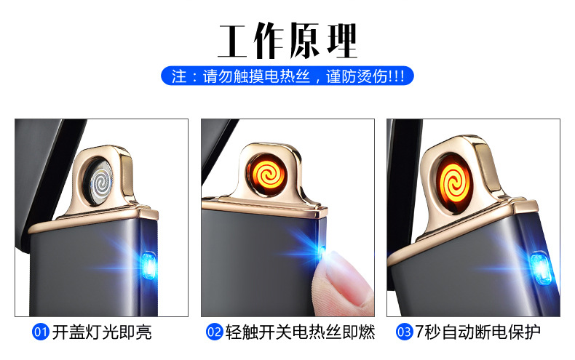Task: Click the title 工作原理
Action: pos(287,41)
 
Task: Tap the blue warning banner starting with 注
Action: pos(287,76)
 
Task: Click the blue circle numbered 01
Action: pos(41,333)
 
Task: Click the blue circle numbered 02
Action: pos(214,333)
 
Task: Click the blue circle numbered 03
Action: pos(404,333)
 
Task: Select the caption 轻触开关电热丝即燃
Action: pos(298,333)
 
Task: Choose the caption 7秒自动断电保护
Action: pos(477,333)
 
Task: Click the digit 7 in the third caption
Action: pos(420,333)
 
